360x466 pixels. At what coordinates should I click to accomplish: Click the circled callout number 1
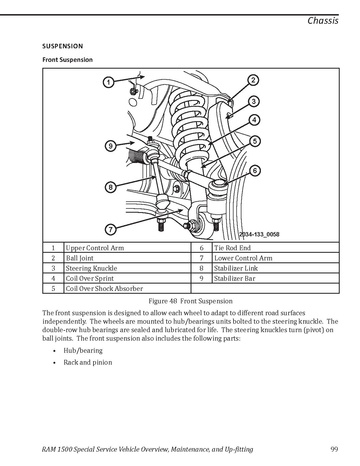pyautogui.click(x=108, y=82)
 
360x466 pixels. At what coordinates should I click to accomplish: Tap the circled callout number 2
pyautogui.click(x=253, y=80)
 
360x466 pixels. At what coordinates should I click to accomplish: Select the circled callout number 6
pyautogui.click(x=255, y=171)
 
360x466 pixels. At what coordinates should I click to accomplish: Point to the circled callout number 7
pyautogui.click(x=111, y=229)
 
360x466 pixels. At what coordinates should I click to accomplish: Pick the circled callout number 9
pyautogui.click(x=111, y=146)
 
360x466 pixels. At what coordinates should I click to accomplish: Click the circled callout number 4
pyautogui.click(x=254, y=120)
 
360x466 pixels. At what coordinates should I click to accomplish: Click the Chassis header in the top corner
pyautogui.click(x=323, y=21)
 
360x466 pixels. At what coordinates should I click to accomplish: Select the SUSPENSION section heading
pyautogui.click(x=62, y=46)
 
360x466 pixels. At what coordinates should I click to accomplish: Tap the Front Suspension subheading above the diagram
pyautogui.click(x=67, y=60)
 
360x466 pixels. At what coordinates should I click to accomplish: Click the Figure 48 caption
pyautogui.click(x=191, y=301)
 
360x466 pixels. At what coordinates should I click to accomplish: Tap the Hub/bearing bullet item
pyautogui.click(x=83, y=351)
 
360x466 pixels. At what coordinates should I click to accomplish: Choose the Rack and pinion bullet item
pyautogui.click(x=88, y=362)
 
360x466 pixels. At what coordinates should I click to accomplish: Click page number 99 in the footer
pyautogui.click(x=334, y=449)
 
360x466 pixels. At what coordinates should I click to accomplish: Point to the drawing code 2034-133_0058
pyautogui.click(x=259, y=234)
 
